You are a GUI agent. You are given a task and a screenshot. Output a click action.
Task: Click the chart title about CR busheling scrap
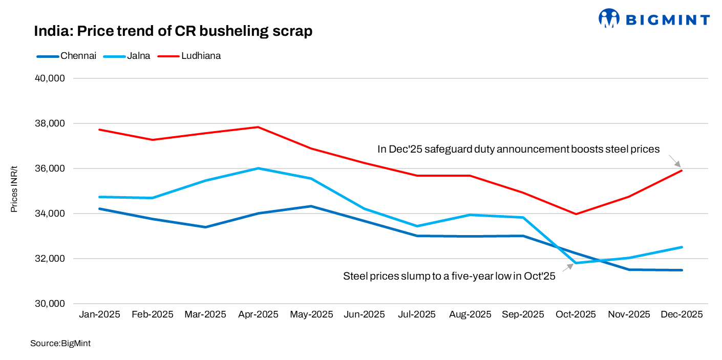(x=173, y=31)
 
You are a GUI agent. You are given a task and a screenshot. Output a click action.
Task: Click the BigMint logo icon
(x=609, y=18)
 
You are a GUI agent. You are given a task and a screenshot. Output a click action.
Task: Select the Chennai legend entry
(x=67, y=56)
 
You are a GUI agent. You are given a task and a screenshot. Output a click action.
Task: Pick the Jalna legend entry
(x=127, y=56)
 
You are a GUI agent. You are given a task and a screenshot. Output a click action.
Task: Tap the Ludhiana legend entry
(x=189, y=56)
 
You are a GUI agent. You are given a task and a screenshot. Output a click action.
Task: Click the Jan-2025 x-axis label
(x=99, y=314)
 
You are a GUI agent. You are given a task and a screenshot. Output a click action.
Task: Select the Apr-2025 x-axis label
(x=258, y=314)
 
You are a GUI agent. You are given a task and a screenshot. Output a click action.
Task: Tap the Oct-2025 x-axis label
(x=576, y=314)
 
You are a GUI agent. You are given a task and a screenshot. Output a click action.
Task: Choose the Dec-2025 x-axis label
(x=682, y=314)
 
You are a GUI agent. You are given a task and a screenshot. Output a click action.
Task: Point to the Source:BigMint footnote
(x=60, y=344)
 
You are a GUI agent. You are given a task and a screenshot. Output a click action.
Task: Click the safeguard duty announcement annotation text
(x=518, y=149)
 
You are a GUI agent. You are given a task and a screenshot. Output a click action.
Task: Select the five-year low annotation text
(x=449, y=277)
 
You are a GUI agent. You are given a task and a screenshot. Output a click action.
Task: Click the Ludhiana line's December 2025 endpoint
(x=682, y=171)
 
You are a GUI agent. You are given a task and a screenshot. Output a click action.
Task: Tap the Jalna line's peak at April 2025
(x=258, y=168)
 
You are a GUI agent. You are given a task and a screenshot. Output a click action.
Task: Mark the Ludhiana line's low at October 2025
(x=576, y=214)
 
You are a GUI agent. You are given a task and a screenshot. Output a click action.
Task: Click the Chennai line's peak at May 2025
(x=311, y=206)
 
